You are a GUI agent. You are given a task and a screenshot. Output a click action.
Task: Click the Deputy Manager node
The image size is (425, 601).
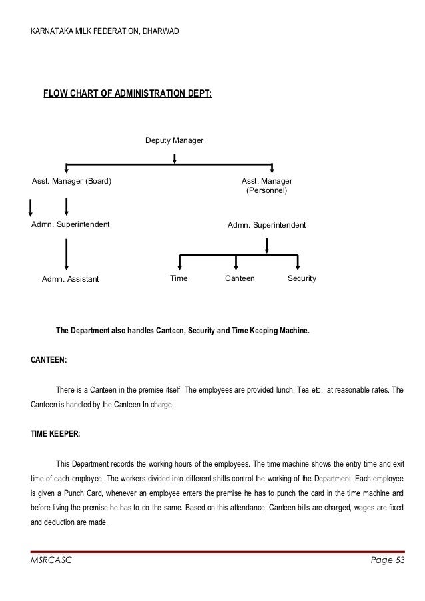coord(174,141)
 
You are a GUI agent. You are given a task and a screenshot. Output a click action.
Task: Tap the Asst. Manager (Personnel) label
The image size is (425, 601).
coord(266,186)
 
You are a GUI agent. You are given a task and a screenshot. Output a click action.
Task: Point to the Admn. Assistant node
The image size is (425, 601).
coord(69,278)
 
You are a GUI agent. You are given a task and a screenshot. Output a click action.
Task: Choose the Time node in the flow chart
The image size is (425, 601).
coord(179,278)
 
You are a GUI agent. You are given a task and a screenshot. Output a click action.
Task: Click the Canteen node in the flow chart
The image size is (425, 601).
coord(240,278)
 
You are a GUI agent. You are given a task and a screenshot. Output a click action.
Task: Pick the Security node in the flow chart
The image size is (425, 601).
coord(302,278)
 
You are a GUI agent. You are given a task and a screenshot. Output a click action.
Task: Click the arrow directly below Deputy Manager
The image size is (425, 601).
coord(175,158)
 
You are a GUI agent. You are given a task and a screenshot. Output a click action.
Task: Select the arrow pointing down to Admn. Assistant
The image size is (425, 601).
coord(66,252)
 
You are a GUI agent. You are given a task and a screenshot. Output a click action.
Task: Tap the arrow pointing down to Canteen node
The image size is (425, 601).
coord(236,262)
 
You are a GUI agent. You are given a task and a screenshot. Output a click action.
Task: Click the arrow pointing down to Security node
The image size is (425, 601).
coord(298,262)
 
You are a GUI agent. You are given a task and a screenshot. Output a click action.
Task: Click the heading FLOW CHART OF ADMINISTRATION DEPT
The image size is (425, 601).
coord(127,93)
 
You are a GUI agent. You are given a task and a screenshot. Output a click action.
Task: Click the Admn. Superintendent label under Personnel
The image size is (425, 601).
coord(266,226)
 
